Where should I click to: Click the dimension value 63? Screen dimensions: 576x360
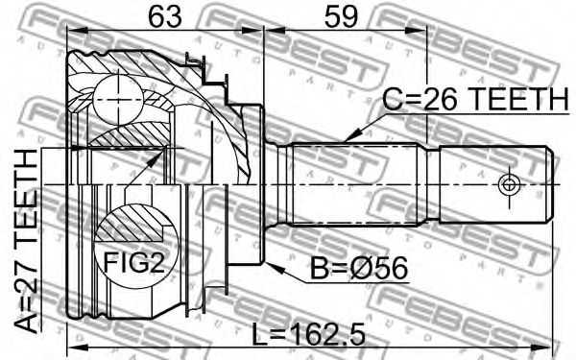pos(165,17)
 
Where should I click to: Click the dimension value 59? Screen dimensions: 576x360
pos(341,17)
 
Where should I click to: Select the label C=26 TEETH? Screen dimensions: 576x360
pos(475,99)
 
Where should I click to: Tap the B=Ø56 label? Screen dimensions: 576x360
pos(359,268)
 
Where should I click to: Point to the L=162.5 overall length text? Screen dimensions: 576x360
pos(309,334)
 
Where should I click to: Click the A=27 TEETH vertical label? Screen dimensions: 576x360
pos(26,241)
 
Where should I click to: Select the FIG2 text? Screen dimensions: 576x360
pos(134,263)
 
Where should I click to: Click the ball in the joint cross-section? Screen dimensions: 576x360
pos(118,100)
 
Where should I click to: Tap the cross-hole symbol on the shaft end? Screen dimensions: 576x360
pos(509,184)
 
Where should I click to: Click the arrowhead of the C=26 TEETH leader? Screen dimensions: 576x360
pos(350,136)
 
